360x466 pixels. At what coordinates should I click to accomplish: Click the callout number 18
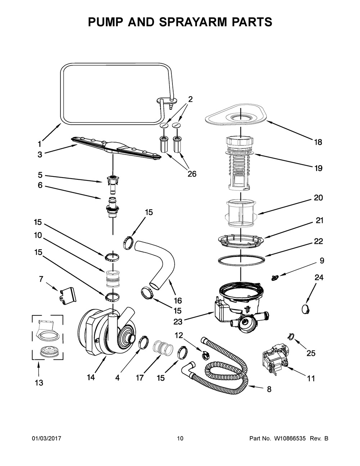[318, 142]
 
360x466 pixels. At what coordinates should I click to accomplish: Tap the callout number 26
[192, 174]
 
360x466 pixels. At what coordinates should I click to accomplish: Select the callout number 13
[39, 383]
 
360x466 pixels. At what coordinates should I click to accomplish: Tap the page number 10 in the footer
[180, 439]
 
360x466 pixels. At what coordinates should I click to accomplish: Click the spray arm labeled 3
[115, 147]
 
